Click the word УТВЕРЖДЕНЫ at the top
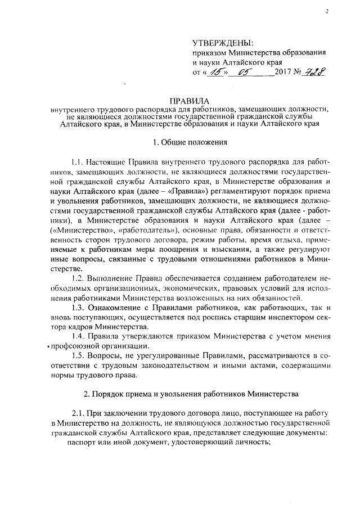[x=223, y=43]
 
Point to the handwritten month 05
[x=245, y=71]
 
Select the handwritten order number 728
[x=316, y=71]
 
